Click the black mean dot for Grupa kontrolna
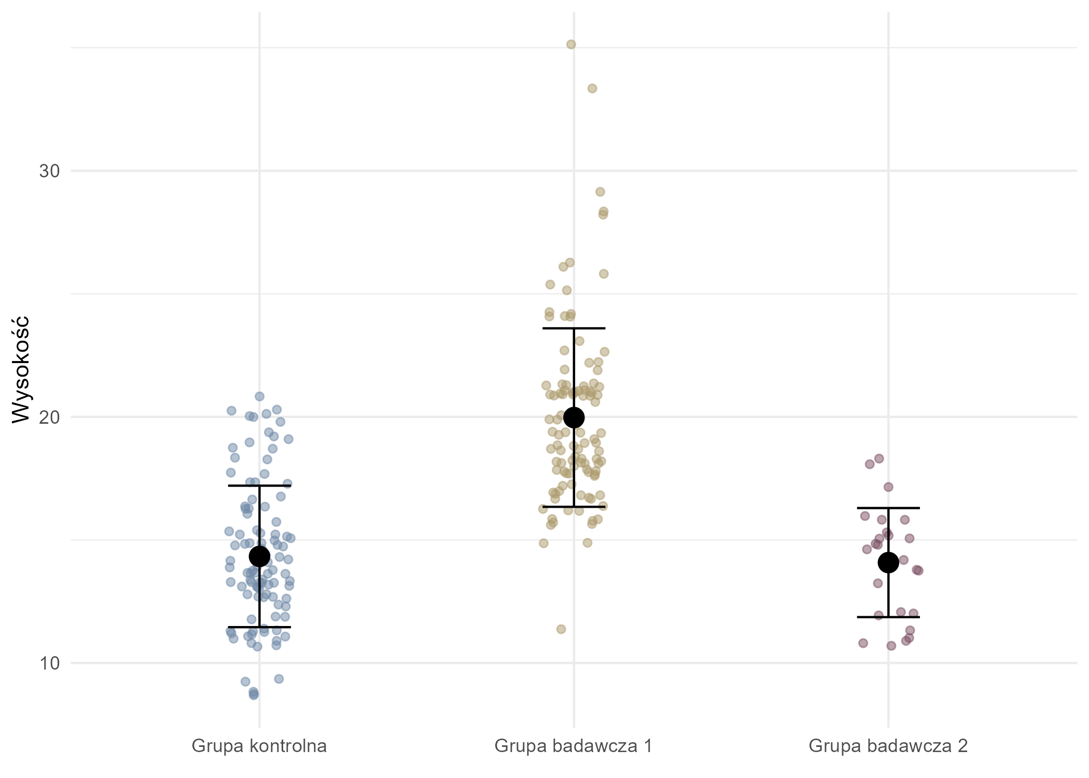click(x=259, y=556)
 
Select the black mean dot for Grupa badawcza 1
click(x=574, y=417)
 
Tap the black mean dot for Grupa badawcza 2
click(x=888, y=562)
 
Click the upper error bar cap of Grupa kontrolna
click(x=259, y=485)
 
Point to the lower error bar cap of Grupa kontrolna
click(x=259, y=627)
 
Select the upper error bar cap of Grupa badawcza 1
click(x=574, y=328)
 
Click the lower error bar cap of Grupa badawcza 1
click(x=574, y=507)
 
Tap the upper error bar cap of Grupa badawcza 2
click(x=888, y=508)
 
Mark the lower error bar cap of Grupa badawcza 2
click(x=888, y=617)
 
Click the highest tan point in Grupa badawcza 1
click(x=571, y=45)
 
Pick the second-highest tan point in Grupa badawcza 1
click(x=592, y=89)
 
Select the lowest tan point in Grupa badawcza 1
click(x=561, y=629)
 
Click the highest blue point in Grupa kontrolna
click(x=259, y=396)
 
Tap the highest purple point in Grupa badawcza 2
click(x=879, y=459)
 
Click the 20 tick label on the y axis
click(x=50, y=417)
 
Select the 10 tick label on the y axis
click(x=50, y=663)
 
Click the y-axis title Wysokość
click(x=21, y=369)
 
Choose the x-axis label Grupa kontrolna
click(x=259, y=746)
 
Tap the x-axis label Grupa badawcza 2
click(x=888, y=746)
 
